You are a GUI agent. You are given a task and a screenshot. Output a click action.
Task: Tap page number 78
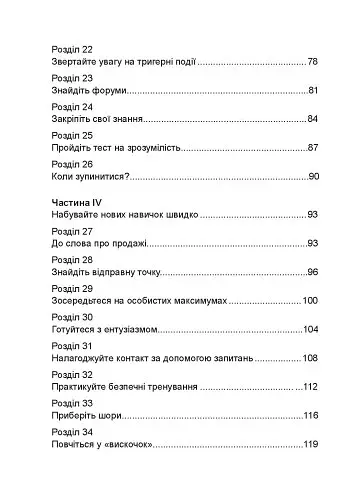tap(312, 61)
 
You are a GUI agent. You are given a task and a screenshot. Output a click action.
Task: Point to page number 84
tap(312, 119)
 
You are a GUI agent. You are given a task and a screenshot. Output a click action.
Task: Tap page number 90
tap(312, 177)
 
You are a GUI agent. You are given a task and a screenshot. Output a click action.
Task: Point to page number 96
tap(312, 272)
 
